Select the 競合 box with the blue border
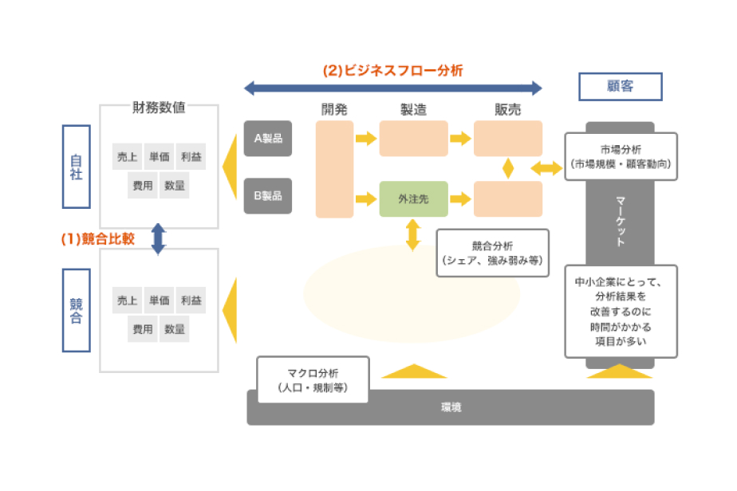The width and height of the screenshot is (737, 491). coord(77,310)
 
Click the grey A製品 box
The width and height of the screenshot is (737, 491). coord(268,138)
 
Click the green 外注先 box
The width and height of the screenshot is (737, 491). coord(413,199)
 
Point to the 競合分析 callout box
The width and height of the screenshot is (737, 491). coord(493,253)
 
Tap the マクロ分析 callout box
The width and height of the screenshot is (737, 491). coord(313,379)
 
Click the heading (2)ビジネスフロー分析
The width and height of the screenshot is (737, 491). coord(392,70)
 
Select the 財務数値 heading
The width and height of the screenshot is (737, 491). coord(159,107)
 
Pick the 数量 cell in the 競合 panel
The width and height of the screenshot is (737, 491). coord(175,328)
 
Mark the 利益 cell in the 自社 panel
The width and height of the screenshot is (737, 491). coord(191,157)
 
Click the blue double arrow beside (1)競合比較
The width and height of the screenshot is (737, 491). coord(158,238)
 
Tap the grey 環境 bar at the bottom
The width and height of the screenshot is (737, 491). coord(450,407)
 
